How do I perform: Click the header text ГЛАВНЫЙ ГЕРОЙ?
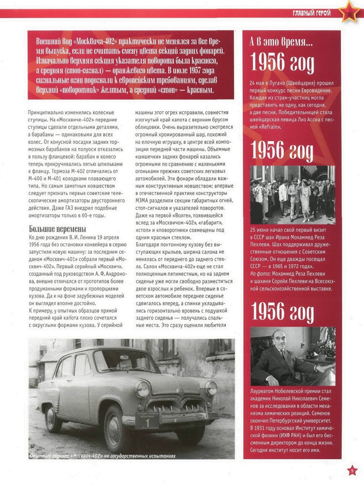311,13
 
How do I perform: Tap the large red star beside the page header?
350,12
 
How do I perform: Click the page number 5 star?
353,471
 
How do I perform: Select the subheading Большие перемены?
57,229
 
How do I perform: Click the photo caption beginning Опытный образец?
102,456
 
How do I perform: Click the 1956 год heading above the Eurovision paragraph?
282,64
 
